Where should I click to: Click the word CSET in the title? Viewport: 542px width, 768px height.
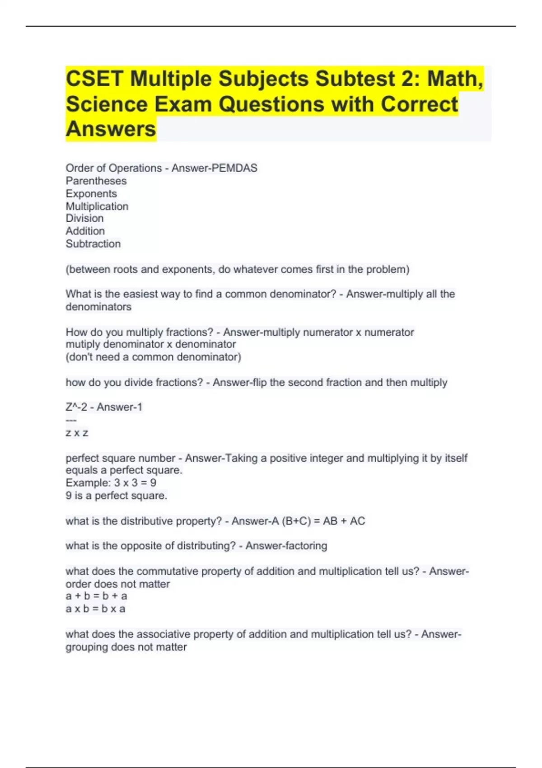tap(94, 79)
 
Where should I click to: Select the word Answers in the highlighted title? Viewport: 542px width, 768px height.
tap(111, 129)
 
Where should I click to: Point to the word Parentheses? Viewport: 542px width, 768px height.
tap(96, 181)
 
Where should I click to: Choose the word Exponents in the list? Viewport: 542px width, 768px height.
tap(91, 193)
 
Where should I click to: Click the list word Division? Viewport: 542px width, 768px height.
tap(84, 218)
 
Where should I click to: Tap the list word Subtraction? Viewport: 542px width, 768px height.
tap(93, 244)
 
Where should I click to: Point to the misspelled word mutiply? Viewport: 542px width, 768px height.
tap(83, 344)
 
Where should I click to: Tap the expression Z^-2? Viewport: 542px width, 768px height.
tap(76, 407)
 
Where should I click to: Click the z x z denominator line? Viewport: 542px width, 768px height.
tap(77, 433)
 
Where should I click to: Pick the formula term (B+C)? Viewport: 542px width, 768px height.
tap(296, 521)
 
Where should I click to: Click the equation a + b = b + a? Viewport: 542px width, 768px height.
tap(96, 596)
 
